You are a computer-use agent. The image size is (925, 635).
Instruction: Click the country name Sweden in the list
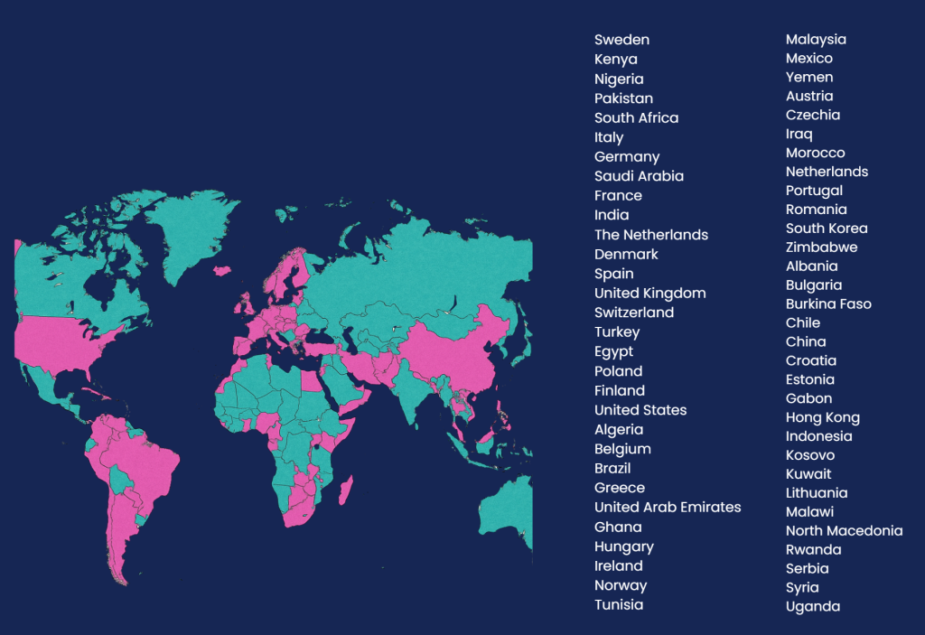621,40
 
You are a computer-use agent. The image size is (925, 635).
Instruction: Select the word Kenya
615,60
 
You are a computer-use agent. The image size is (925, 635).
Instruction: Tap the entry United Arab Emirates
667,508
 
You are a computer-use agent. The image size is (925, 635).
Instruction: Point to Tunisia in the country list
619,605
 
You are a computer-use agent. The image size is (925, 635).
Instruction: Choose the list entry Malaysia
816,40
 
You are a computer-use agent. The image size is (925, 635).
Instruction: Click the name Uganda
812,607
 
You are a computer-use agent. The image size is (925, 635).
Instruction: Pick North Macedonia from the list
844,531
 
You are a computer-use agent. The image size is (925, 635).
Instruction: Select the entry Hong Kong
822,417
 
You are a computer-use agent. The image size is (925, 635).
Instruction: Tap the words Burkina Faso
828,304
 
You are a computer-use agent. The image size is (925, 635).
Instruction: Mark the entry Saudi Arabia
639,176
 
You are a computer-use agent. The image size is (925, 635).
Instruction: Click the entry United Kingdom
649,294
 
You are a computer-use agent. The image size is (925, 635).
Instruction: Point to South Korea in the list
827,229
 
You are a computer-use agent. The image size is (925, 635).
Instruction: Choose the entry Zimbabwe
821,247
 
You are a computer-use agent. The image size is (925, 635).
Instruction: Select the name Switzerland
633,313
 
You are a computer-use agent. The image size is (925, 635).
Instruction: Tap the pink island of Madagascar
345,491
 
